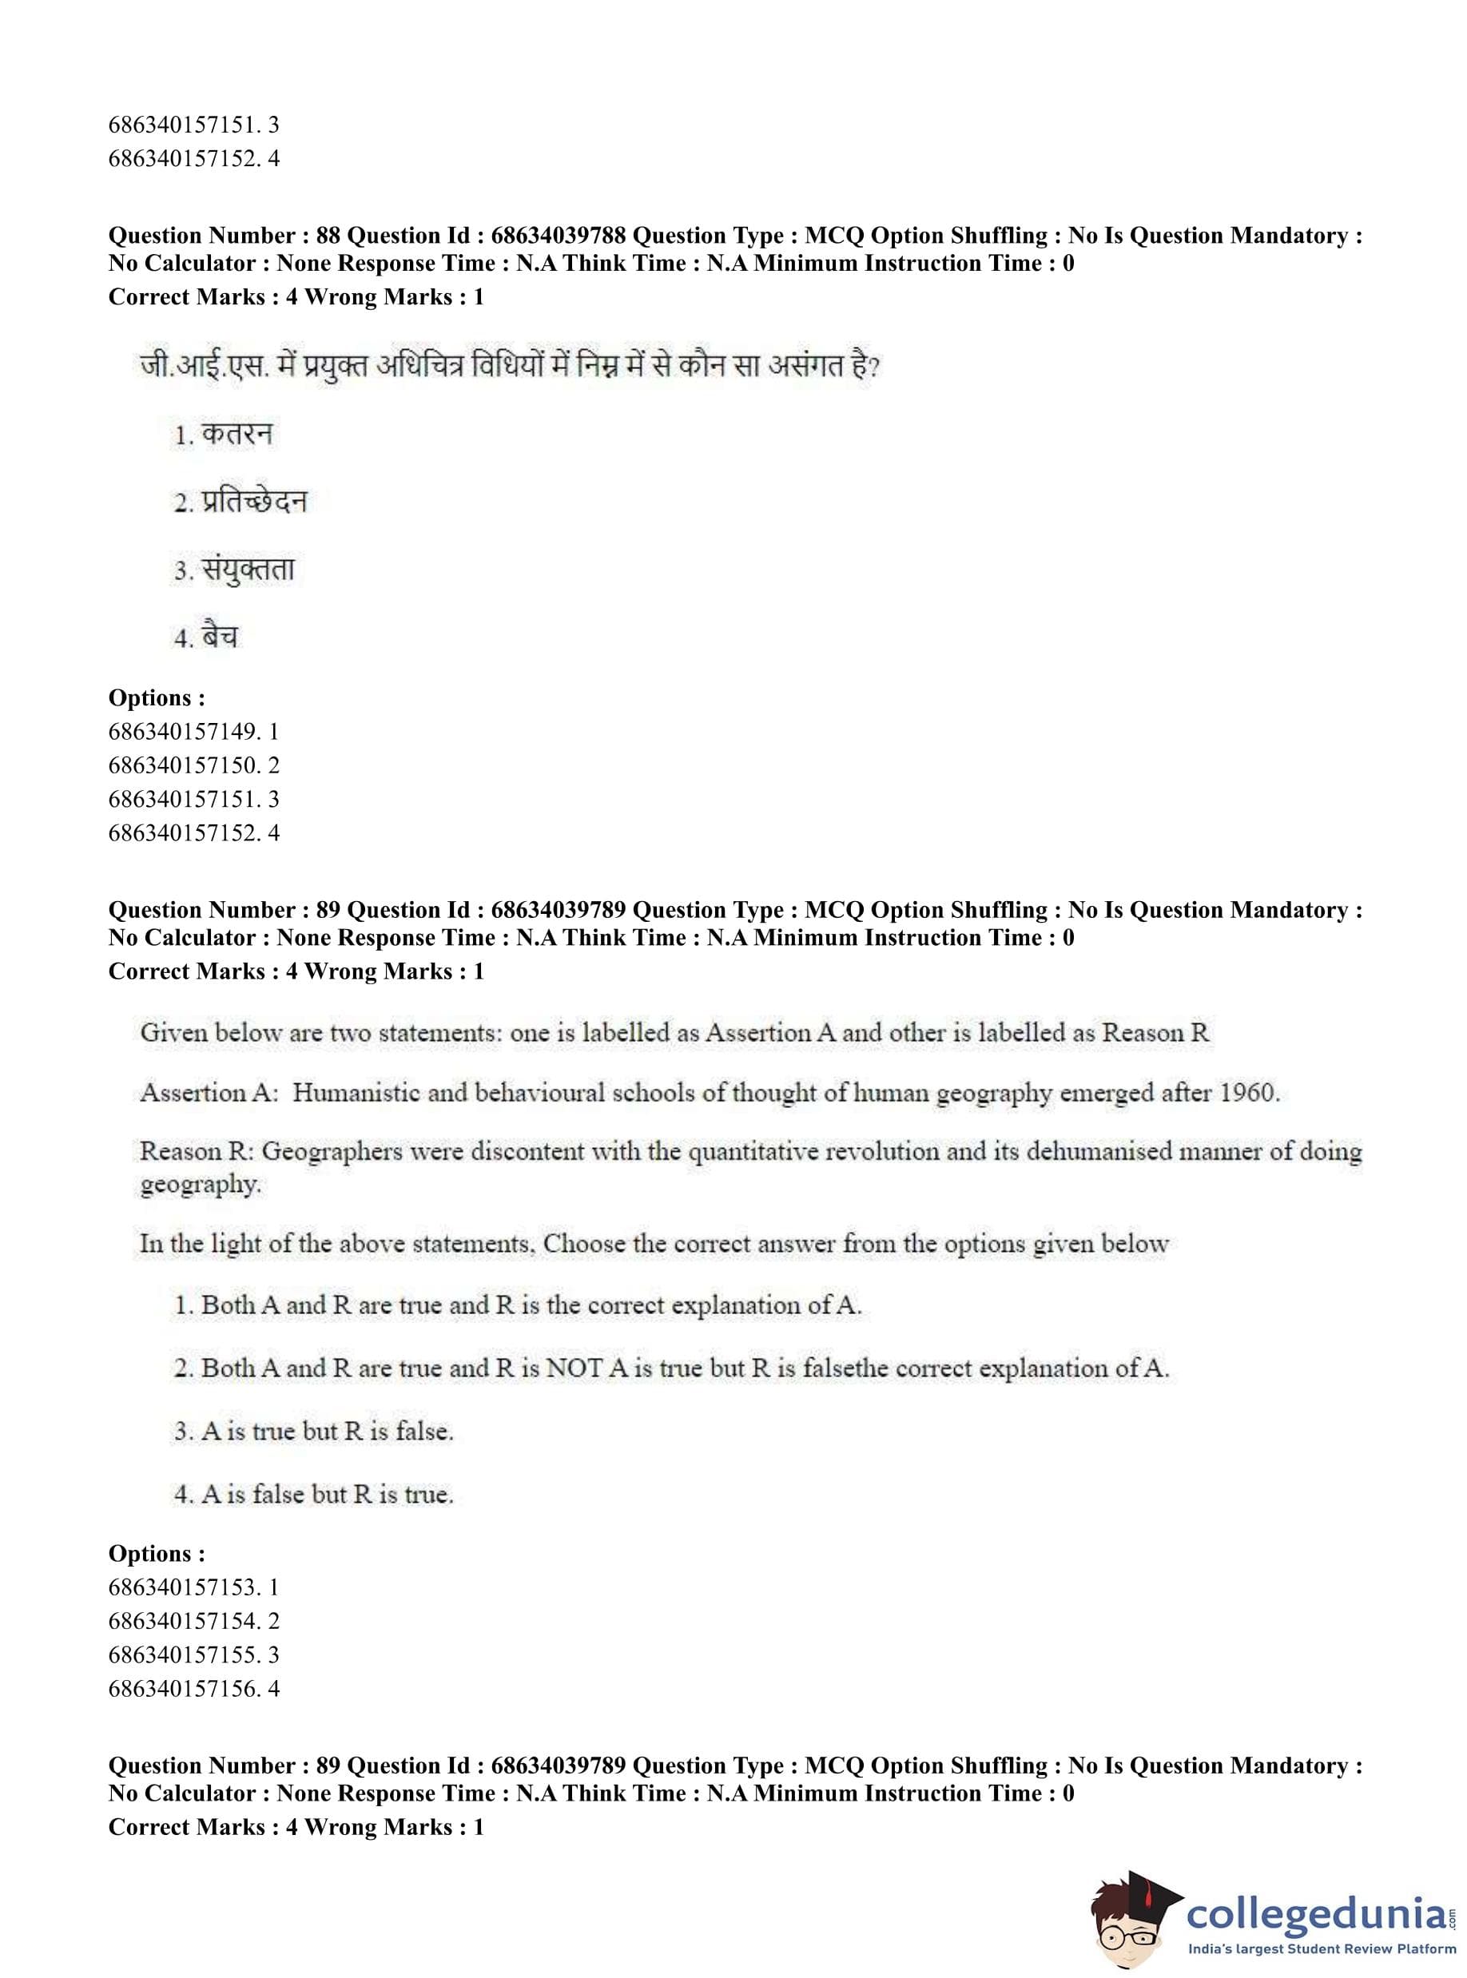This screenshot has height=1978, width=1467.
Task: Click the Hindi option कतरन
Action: pyautogui.click(x=237, y=435)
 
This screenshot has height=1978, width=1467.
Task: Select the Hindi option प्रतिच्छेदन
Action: pyautogui.click(x=253, y=502)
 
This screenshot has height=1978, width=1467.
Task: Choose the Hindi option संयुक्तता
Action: pyautogui.click(x=248, y=570)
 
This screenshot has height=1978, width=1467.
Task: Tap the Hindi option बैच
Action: pyautogui.click(x=220, y=637)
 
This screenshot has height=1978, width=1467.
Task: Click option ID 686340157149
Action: pyautogui.click(x=184, y=732)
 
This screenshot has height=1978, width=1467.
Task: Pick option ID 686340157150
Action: pyautogui.click(x=184, y=765)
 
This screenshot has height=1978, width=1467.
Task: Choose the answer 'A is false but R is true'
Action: pyautogui.click(x=327, y=1494)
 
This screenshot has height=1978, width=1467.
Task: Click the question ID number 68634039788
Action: pyautogui.click(x=558, y=236)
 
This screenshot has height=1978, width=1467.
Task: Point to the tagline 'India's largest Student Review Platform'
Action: pyautogui.click(x=1322, y=1949)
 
